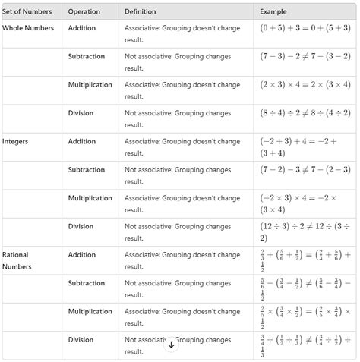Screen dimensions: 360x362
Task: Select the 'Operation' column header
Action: [x=84, y=11]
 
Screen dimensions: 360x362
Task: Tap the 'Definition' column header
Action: [x=141, y=11]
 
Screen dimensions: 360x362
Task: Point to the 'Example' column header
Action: [x=273, y=11]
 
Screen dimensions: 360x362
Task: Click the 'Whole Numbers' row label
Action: [x=28, y=28]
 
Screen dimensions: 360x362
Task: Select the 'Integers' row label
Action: [x=14, y=141]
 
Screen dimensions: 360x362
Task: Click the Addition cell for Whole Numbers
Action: [x=81, y=28]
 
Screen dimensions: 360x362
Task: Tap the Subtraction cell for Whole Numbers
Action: [x=87, y=56]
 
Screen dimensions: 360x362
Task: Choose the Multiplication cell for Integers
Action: [x=90, y=198]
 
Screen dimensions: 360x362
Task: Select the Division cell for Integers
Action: [x=81, y=226]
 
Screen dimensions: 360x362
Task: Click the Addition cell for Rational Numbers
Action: [x=81, y=254]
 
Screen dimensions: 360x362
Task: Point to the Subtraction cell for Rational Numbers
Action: [x=87, y=283]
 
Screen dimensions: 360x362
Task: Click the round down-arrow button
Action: [x=171, y=344]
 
